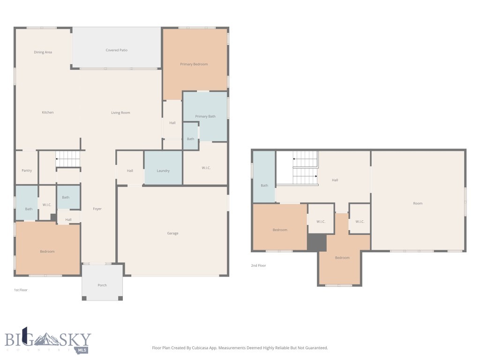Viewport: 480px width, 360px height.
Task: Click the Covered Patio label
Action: [x=116, y=50]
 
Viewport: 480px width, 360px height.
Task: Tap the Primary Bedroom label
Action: [x=194, y=64]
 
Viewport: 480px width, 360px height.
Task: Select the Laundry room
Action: [x=163, y=171]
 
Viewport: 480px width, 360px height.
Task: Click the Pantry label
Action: [x=27, y=171]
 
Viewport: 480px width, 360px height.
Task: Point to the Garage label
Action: [x=172, y=233]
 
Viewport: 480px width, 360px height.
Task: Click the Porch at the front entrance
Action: [x=102, y=285]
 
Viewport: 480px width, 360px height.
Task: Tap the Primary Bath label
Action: [x=205, y=116]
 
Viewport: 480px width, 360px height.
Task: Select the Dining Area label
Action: [x=43, y=52]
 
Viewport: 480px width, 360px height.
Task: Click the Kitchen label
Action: [x=47, y=112]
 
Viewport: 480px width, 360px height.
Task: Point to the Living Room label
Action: [x=120, y=112]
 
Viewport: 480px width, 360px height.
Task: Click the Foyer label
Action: [x=97, y=209]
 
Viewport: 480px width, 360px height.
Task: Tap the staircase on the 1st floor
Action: [x=68, y=159]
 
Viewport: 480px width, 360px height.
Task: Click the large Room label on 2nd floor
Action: [x=417, y=203]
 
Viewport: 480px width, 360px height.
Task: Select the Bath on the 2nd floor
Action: [x=264, y=186]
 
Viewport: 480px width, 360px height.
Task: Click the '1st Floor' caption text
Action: [x=21, y=290]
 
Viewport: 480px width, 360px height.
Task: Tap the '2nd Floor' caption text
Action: [x=258, y=266]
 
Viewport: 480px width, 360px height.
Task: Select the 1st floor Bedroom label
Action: [x=47, y=252]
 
